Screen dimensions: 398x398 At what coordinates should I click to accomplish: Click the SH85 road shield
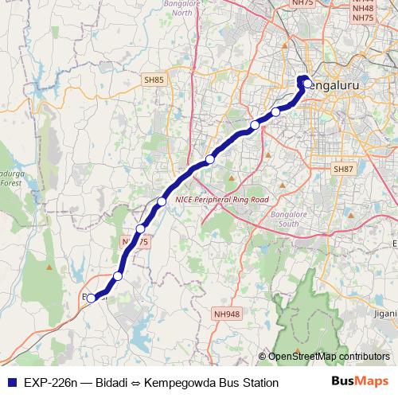(x=154, y=80)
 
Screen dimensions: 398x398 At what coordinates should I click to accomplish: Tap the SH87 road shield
(x=343, y=170)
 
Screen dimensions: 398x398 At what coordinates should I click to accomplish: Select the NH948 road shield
(x=225, y=314)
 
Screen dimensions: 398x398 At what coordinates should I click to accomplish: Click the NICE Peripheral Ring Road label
(x=222, y=199)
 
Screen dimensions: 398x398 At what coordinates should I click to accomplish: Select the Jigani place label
(x=385, y=314)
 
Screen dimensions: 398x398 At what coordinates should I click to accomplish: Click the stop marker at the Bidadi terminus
(x=92, y=298)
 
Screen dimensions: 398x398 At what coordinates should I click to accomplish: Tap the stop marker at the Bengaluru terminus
(x=307, y=81)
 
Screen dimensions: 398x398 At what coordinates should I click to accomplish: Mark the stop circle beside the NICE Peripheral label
(x=162, y=201)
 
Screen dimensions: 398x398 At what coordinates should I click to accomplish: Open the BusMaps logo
(x=359, y=382)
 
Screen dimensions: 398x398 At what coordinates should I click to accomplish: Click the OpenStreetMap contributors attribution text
(x=329, y=356)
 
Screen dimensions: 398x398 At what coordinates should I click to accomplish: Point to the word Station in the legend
(x=259, y=383)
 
